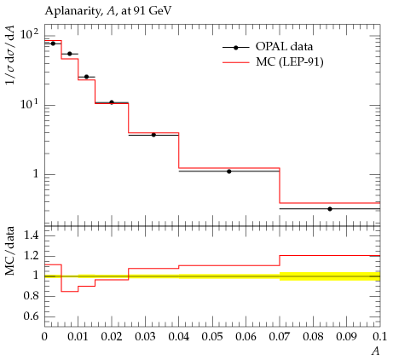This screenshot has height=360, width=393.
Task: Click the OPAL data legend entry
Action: tap(268, 47)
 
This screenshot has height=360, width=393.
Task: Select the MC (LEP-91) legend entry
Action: tap(273, 61)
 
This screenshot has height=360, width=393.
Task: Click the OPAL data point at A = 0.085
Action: tap(330, 209)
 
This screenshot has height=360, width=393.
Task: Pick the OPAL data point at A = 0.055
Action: tap(229, 171)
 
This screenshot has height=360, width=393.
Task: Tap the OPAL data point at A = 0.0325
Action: tap(153, 135)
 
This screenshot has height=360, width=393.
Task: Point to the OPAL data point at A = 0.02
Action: tap(112, 102)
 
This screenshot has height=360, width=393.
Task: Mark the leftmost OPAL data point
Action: tap(53, 44)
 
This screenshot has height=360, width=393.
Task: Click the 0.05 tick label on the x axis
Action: tap(212, 337)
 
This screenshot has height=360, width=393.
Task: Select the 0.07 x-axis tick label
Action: tap(280, 337)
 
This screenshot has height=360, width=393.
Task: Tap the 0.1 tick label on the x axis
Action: tap(379, 337)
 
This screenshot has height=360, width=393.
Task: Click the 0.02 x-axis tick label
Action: tap(112, 337)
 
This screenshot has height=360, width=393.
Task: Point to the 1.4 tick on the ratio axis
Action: tap(32, 235)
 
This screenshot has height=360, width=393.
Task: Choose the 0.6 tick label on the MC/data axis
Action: tap(32, 316)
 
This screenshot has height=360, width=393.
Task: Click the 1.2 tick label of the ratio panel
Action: tap(32, 256)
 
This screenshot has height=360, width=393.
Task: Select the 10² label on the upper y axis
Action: tap(29, 34)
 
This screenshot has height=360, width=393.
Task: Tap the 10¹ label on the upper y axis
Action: tap(29, 104)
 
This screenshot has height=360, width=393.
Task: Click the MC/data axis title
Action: tap(10, 251)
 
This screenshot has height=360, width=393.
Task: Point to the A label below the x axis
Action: tap(376, 351)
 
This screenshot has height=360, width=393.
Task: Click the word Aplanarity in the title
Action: tap(72, 11)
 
